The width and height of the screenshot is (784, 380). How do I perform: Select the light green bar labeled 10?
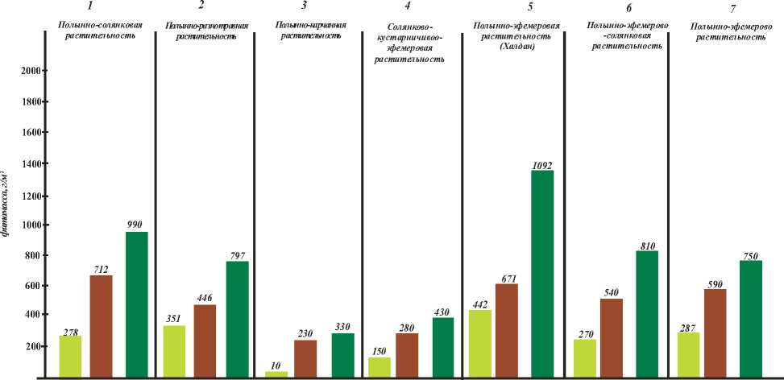(x=276, y=374)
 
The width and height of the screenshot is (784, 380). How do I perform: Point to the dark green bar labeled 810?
(x=646, y=314)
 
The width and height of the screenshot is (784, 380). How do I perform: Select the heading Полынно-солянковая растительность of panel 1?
(x=100, y=31)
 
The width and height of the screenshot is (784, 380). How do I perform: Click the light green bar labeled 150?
(x=380, y=367)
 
